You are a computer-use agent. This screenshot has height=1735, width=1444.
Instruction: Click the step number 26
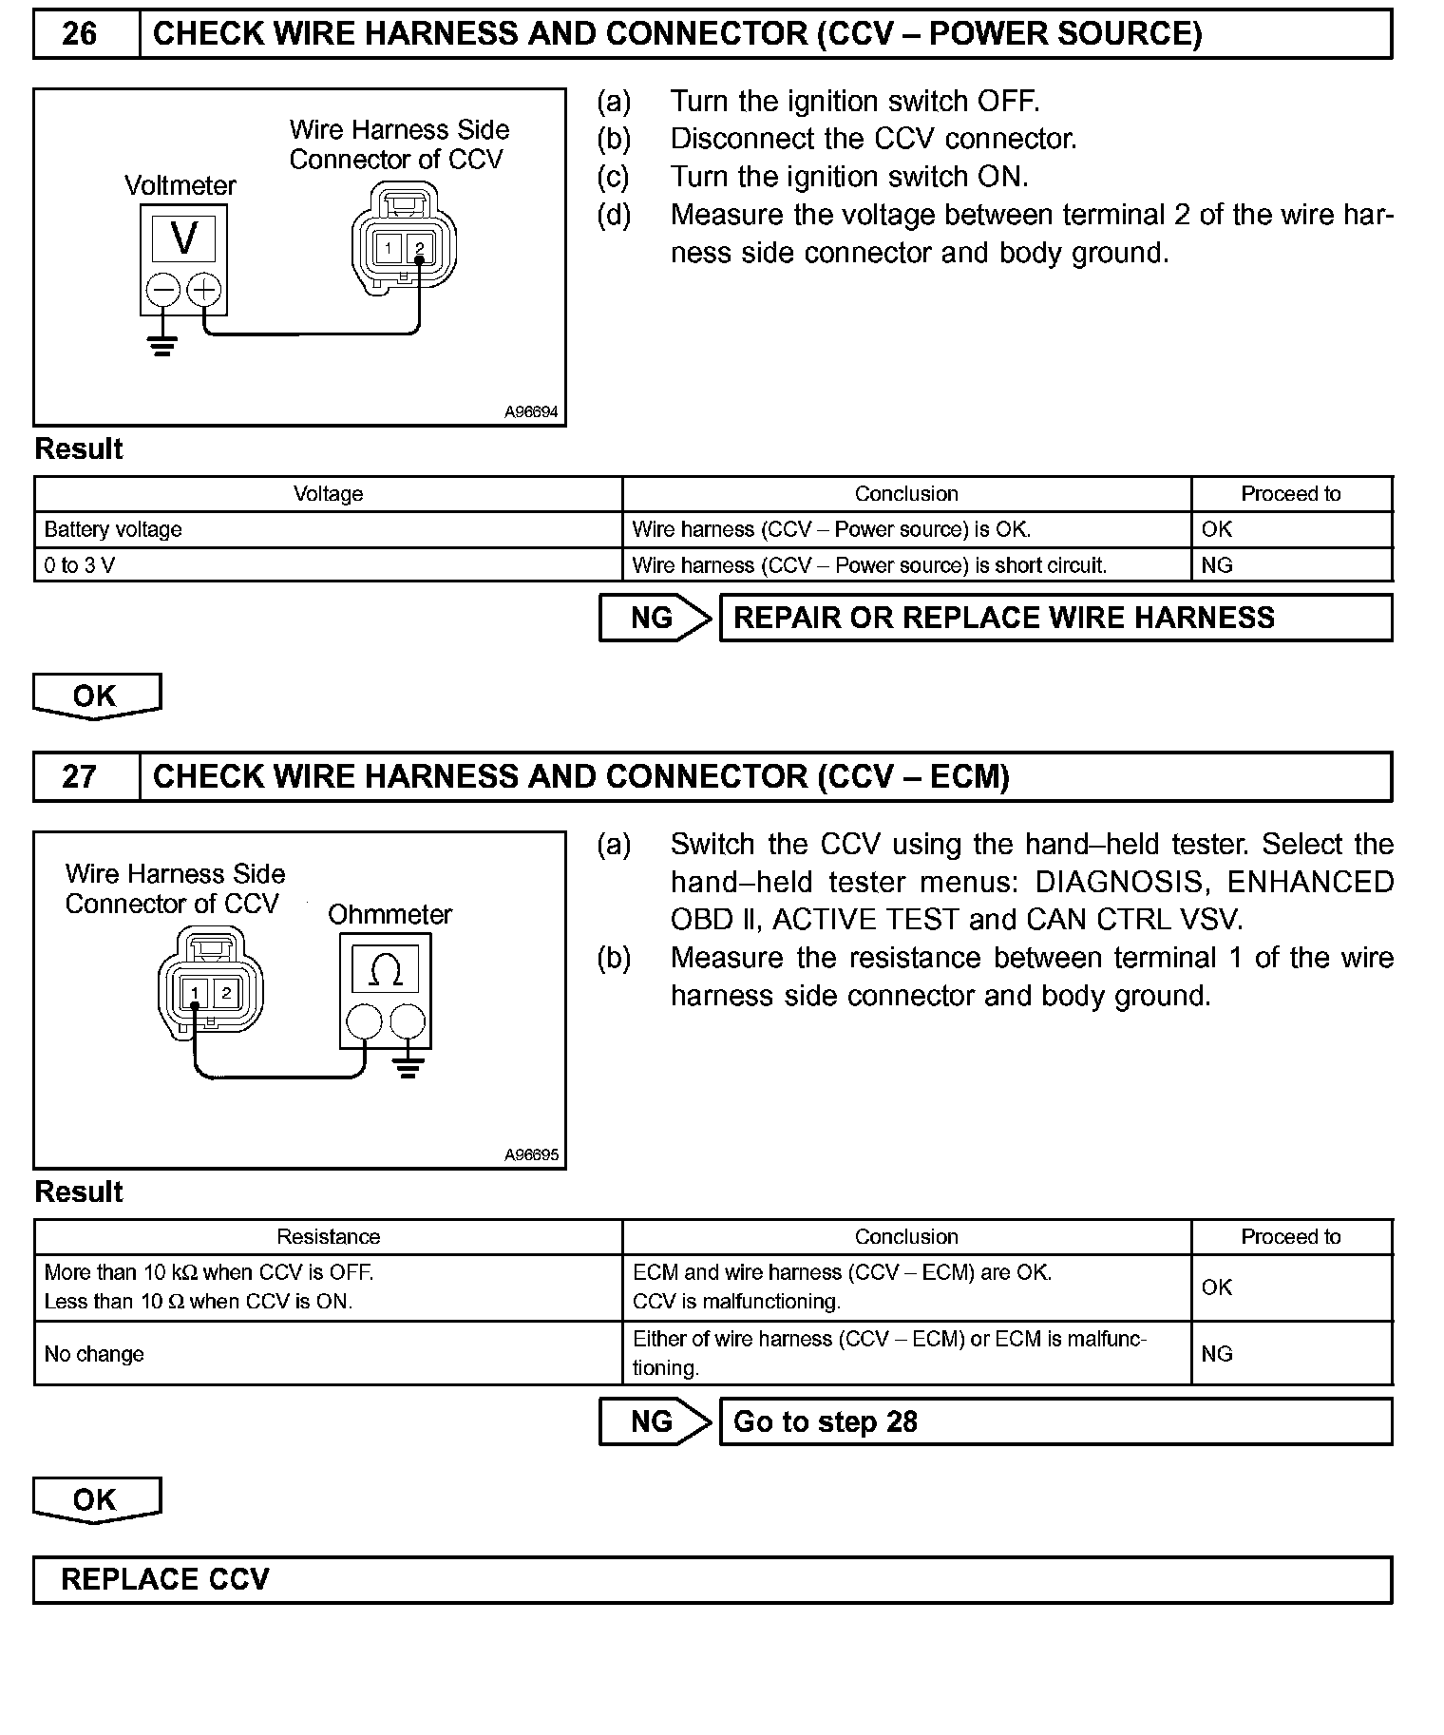coord(79,34)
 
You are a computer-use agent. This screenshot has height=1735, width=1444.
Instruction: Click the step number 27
coord(79,777)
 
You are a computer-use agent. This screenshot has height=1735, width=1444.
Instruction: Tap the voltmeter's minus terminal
coord(163,289)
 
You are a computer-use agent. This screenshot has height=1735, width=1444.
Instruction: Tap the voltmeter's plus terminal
coord(203,289)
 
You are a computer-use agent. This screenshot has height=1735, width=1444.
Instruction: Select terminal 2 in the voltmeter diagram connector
coord(419,249)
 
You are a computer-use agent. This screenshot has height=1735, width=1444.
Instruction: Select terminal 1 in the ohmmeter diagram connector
coord(195,994)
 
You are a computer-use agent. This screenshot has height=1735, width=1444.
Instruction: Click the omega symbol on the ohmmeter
coord(384,970)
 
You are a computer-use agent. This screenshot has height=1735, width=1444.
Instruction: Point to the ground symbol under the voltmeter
coord(163,346)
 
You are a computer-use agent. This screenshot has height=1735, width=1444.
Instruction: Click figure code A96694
coord(531,412)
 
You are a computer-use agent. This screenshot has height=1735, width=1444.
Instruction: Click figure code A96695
coord(531,1155)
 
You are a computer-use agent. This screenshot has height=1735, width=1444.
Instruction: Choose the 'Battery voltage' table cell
coord(113,529)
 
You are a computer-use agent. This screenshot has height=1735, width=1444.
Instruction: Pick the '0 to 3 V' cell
coord(80,565)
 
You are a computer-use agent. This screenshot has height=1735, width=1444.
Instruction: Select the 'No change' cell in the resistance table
coord(94,1354)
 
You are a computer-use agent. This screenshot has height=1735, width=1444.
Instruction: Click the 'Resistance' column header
coord(328,1237)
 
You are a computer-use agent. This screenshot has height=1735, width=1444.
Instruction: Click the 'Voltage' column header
coord(328,494)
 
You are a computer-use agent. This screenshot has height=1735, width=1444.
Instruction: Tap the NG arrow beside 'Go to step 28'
coord(655,1421)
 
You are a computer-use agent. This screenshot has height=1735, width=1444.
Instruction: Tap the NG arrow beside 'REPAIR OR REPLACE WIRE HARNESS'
coord(655,618)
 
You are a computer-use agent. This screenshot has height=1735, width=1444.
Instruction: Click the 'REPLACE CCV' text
coord(165,1579)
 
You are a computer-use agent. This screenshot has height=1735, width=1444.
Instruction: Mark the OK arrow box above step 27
coord(96,696)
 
